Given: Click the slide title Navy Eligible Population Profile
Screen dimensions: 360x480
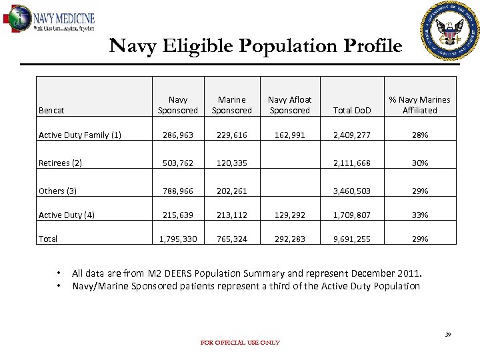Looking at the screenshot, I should tap(255, 46).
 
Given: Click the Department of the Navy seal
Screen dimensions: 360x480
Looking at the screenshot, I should tap(450, 31).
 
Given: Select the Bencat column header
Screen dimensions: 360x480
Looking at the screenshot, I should tap(51, 110).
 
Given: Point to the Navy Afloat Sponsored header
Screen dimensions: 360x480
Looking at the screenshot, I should tap(289, 105).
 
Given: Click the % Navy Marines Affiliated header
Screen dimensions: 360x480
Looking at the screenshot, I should tap(419, 105).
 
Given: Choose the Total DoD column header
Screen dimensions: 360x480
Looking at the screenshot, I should tap(352, 110).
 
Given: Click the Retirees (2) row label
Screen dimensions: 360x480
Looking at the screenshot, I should tap(61, 163).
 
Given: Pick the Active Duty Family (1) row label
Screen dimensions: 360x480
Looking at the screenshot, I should tap(80, 135).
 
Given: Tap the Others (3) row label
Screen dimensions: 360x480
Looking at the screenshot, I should tap(58, 191).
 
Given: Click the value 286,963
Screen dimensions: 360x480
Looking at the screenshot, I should tap(178, 135).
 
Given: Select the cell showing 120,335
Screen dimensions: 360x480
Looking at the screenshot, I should tap(231, 163).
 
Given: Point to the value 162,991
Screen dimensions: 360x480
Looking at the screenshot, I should tap(289, 135).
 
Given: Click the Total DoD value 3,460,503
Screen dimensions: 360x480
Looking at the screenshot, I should tap(352, 191).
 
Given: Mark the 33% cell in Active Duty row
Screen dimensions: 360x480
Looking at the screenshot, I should tap(419, 215).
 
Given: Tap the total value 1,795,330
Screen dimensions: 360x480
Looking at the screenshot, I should tap(178, 239).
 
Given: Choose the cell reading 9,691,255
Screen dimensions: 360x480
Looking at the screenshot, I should tap(352, 239).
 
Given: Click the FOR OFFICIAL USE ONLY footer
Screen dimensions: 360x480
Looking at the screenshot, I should tap(240, 343).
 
